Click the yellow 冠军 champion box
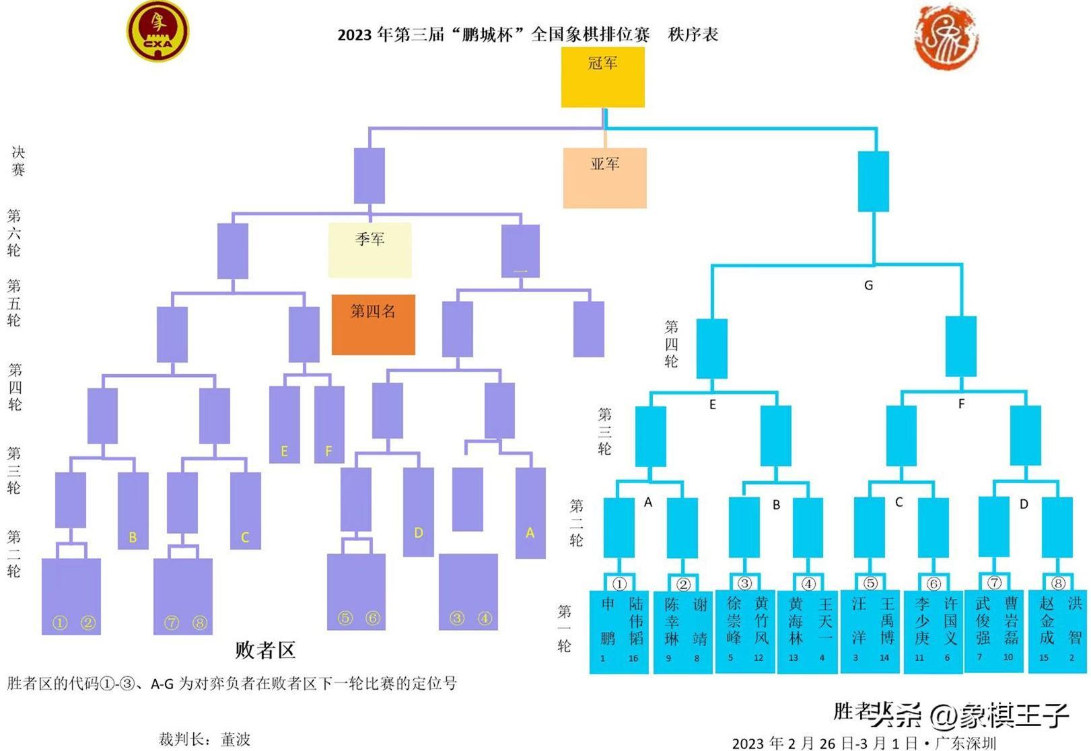click(x=602, y=77)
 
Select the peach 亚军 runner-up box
click(x=604, y=178)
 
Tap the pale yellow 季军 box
click(x=369, y=250)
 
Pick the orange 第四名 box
click(x=373, y=324)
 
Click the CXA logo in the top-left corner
click(x=158, y=31)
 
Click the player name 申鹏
click(x=607, y=620)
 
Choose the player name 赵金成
click(x=1046, y=620)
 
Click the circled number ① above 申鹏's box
click(x=619, y=583)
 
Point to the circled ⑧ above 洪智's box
click(x=1058, y=583)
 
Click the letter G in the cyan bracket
click(x=868, y=285)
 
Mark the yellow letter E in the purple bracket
click(x=284, y=452)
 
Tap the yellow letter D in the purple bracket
click(x=418, y=533)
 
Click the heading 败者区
click(x=265, y=650)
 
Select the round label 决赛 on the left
click(x=17, y=161)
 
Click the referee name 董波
click(x=236, y=739)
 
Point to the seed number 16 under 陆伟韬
click(x=633, y=658)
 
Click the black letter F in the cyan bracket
click(x=961, y=404)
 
